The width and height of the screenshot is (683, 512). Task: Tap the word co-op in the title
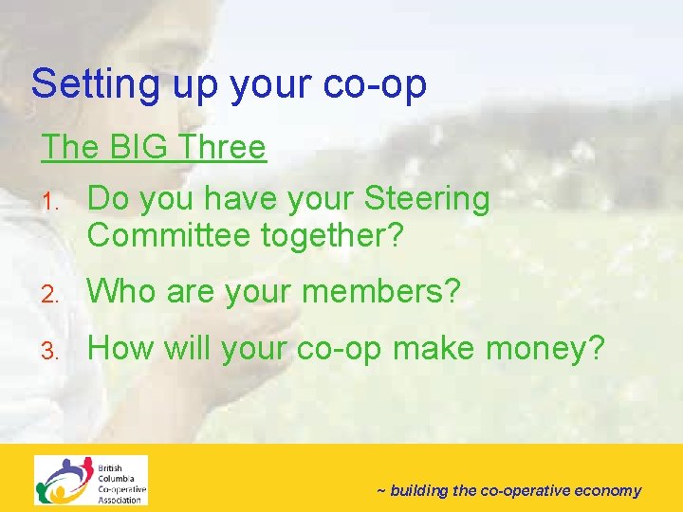click(377, 84)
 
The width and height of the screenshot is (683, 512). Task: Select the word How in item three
click(120, 348)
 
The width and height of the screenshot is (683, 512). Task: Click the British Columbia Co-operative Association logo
click(91, 480)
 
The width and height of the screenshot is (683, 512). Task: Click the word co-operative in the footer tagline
click(524, 491)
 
